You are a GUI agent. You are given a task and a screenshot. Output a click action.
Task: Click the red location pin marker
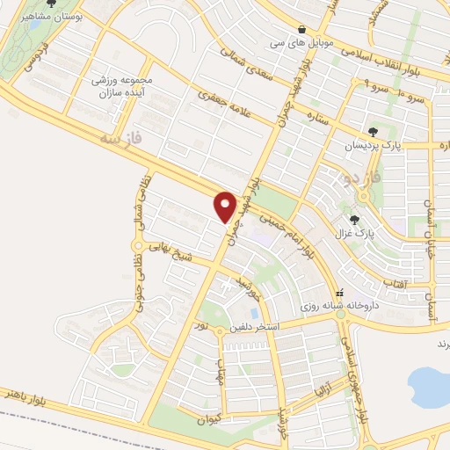pos(226,207)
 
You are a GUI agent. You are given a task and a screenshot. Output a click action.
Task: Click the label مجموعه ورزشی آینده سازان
pos(122,86)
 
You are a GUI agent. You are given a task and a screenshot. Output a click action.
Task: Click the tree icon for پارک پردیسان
pos(373,132)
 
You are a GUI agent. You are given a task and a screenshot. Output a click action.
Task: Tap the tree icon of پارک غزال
pos(354,220)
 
